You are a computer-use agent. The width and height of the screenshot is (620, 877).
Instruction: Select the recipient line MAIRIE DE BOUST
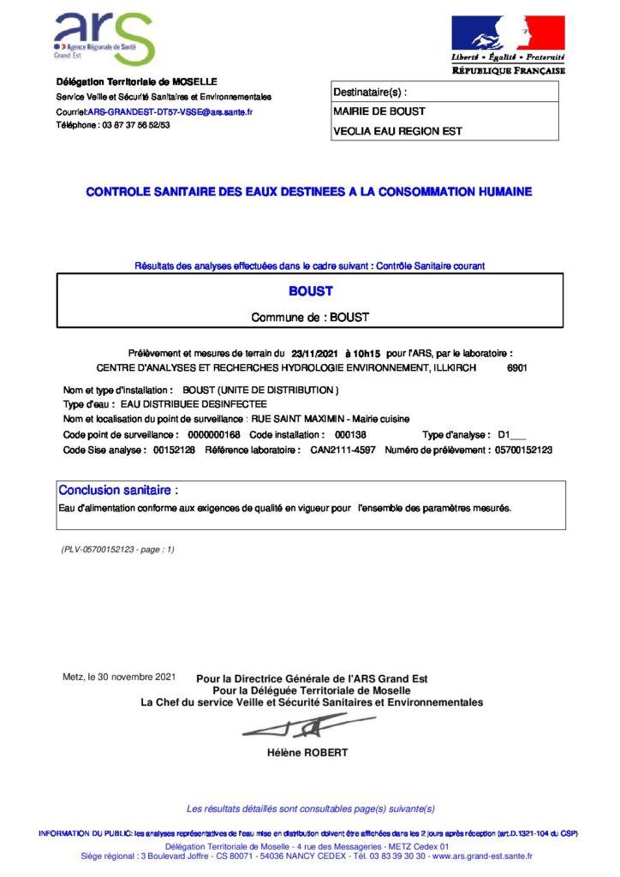[379, 111]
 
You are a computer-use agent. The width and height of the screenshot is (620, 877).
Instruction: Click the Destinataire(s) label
[370, 92]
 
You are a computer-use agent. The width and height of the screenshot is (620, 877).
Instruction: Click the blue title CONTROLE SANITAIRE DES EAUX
[309, 192]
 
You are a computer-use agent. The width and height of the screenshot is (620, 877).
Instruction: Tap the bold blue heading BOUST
[310, 291]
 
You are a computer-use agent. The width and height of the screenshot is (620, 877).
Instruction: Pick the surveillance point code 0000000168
[213, 435]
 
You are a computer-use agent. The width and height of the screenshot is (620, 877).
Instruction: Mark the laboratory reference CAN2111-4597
[342, 450]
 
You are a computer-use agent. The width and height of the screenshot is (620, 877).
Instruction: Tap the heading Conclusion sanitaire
[118, 491]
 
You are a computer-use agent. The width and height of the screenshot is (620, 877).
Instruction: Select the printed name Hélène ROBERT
[308, 754]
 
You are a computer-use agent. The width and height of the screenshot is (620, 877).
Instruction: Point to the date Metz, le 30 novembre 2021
[119, 677]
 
